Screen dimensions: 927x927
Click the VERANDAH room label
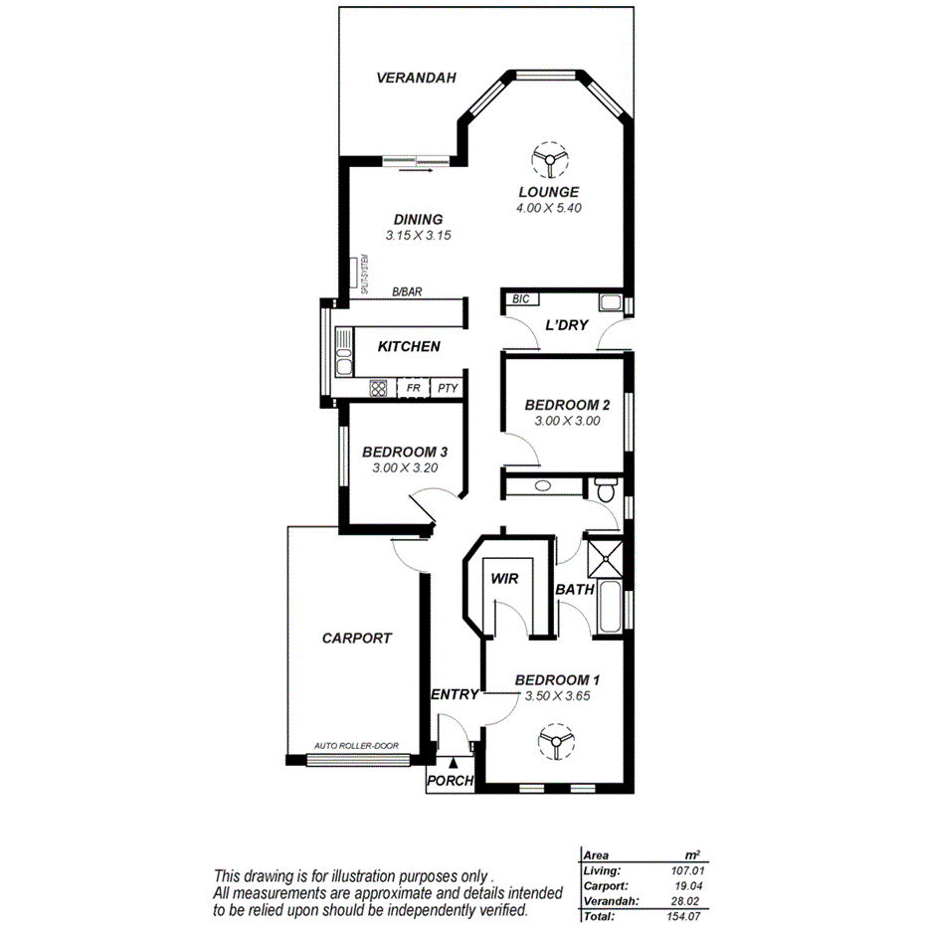coord(416,78)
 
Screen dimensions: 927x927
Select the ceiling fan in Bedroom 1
coord(554,741)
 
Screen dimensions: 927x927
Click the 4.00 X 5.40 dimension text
coord(548,208)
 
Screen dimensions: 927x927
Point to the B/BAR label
coord(407,291)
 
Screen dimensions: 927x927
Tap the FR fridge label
coord(413,388)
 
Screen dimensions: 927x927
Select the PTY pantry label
coord(448,388)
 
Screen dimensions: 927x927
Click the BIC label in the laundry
coord(519,299)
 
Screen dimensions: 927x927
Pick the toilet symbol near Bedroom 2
coord(606,488)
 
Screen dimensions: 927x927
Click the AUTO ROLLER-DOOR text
coord(348,745)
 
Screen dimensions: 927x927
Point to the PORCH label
coord(450,781)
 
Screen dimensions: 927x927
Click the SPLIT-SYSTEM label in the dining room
coord(365,274)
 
